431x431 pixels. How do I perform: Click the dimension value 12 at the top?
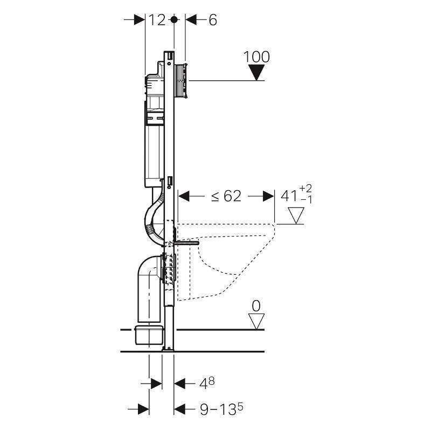(157, 20)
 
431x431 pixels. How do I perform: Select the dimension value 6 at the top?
(212, 20)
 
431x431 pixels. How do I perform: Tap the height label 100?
(256, 57)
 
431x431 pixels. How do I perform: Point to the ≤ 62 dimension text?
(225, 196)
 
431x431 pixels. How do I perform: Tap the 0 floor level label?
(256, 306)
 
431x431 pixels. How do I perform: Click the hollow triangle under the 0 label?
(256, 321)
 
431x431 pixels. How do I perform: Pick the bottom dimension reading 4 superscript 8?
(208, 384)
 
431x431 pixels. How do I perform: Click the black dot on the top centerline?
(173, 20)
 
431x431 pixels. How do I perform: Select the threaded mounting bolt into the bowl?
(186, 244)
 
